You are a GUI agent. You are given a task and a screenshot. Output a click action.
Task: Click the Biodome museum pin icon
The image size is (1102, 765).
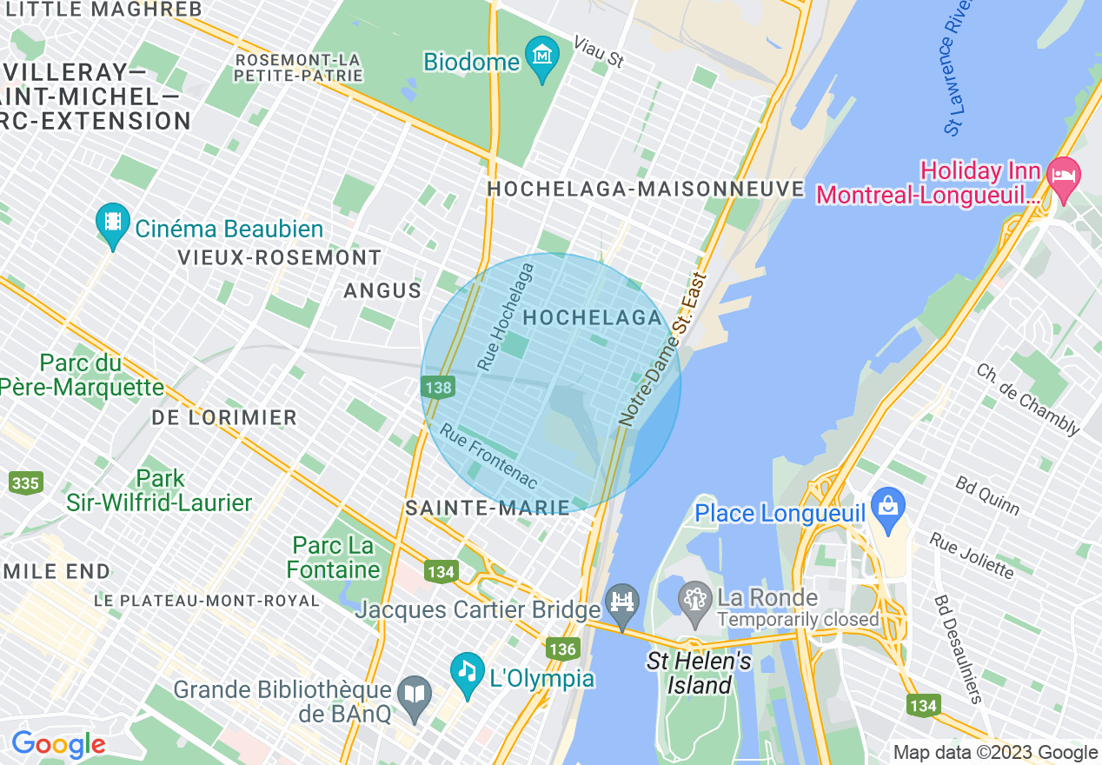pos(542,56)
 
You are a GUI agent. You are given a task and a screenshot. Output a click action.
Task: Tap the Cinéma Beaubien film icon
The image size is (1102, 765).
pos(113,222)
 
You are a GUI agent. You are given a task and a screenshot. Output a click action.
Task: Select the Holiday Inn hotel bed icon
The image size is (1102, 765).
pos(1063,173)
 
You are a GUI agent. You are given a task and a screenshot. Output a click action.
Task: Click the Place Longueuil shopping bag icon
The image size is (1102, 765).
pos(888,506)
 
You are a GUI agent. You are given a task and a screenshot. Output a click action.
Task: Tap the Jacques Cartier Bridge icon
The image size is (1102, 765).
pos(622,602)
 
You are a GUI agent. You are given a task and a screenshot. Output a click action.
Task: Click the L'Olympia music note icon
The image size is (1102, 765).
pos(468,671)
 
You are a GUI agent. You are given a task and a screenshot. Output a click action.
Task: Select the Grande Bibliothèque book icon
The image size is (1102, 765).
pos(415,695)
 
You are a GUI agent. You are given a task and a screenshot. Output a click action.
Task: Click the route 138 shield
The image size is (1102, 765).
pos(439,387)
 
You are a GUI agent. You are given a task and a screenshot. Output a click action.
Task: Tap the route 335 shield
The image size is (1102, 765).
pos(26,482)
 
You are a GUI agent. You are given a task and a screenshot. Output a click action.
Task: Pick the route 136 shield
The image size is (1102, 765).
pos(562,649)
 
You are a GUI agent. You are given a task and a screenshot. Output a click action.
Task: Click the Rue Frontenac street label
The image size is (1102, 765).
pos(488,456)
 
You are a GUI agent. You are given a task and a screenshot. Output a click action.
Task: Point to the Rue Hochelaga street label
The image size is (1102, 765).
pos(506,318)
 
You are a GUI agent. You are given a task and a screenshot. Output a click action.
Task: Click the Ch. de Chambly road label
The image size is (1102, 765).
pos(1027,399)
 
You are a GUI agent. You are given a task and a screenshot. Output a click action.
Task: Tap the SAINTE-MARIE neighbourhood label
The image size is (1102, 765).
pos(488,509)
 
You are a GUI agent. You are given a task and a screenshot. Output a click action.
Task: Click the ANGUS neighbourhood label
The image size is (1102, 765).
pos(382,290)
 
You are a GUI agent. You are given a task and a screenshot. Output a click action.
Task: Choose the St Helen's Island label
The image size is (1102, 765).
pos(699,674)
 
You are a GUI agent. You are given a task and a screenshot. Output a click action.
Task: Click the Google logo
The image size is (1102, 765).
pos(58,745)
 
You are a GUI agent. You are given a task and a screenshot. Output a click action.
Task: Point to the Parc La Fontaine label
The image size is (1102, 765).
pos(334,557)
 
